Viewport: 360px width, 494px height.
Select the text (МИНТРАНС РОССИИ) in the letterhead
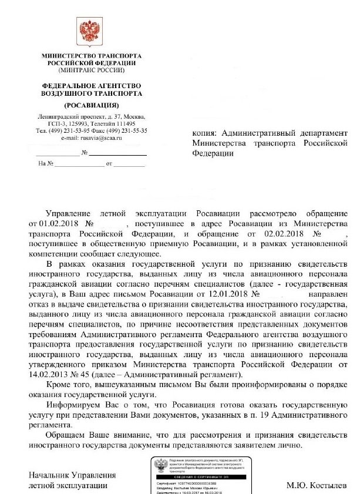[91, 69]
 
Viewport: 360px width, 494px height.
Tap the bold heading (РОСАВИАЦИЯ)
[91, 105]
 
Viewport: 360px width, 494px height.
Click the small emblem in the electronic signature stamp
[159, 465]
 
